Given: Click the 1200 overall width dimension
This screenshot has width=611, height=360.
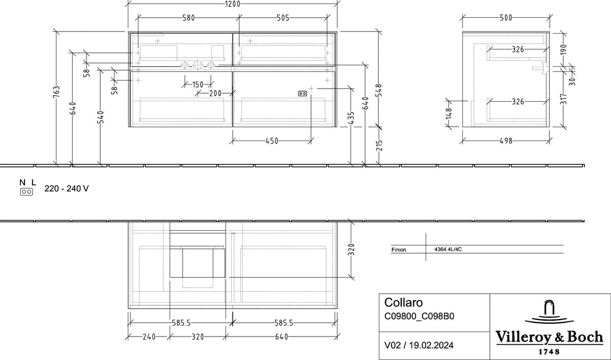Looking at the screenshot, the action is pyautogui.click(x=233, y=4).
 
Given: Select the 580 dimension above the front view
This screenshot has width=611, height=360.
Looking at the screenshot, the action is pyautogui.click(x=188, y=18).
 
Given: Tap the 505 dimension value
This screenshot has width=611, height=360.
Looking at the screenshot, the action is pyautogui.click(x=283, y=18).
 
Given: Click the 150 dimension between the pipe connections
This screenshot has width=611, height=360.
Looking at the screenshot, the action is pyautogui.click(x=198, y=85).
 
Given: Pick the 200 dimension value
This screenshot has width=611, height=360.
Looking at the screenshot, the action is pyautogui.click(x=215, y=93).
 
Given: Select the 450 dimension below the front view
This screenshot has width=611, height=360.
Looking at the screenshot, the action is pyautogui.click(x=272, y=141).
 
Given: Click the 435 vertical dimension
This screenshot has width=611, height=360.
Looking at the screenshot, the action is pyautogui.click(x=351, y=118).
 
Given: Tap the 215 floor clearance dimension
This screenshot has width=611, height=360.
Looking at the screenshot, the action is pyautogui.click(x=379, y=145).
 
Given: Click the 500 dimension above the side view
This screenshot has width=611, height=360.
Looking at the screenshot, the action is pyautogui.click(x=506, y=18).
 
